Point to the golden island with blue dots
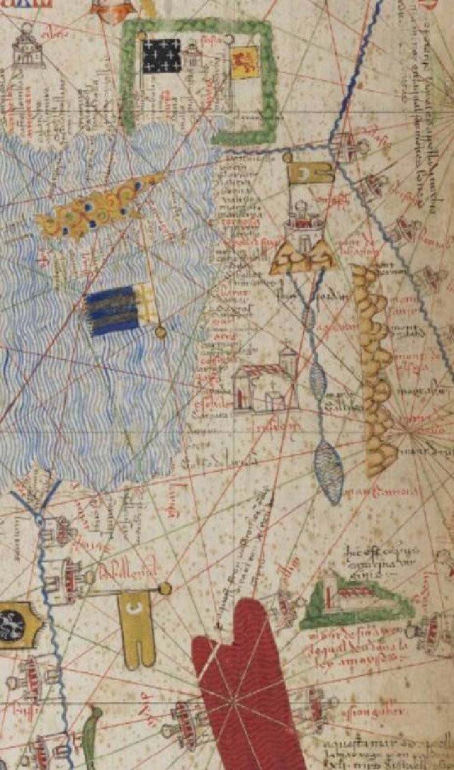coord(100,208)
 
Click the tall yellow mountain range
coord(374,367)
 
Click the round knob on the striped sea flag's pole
coord(160,331)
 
